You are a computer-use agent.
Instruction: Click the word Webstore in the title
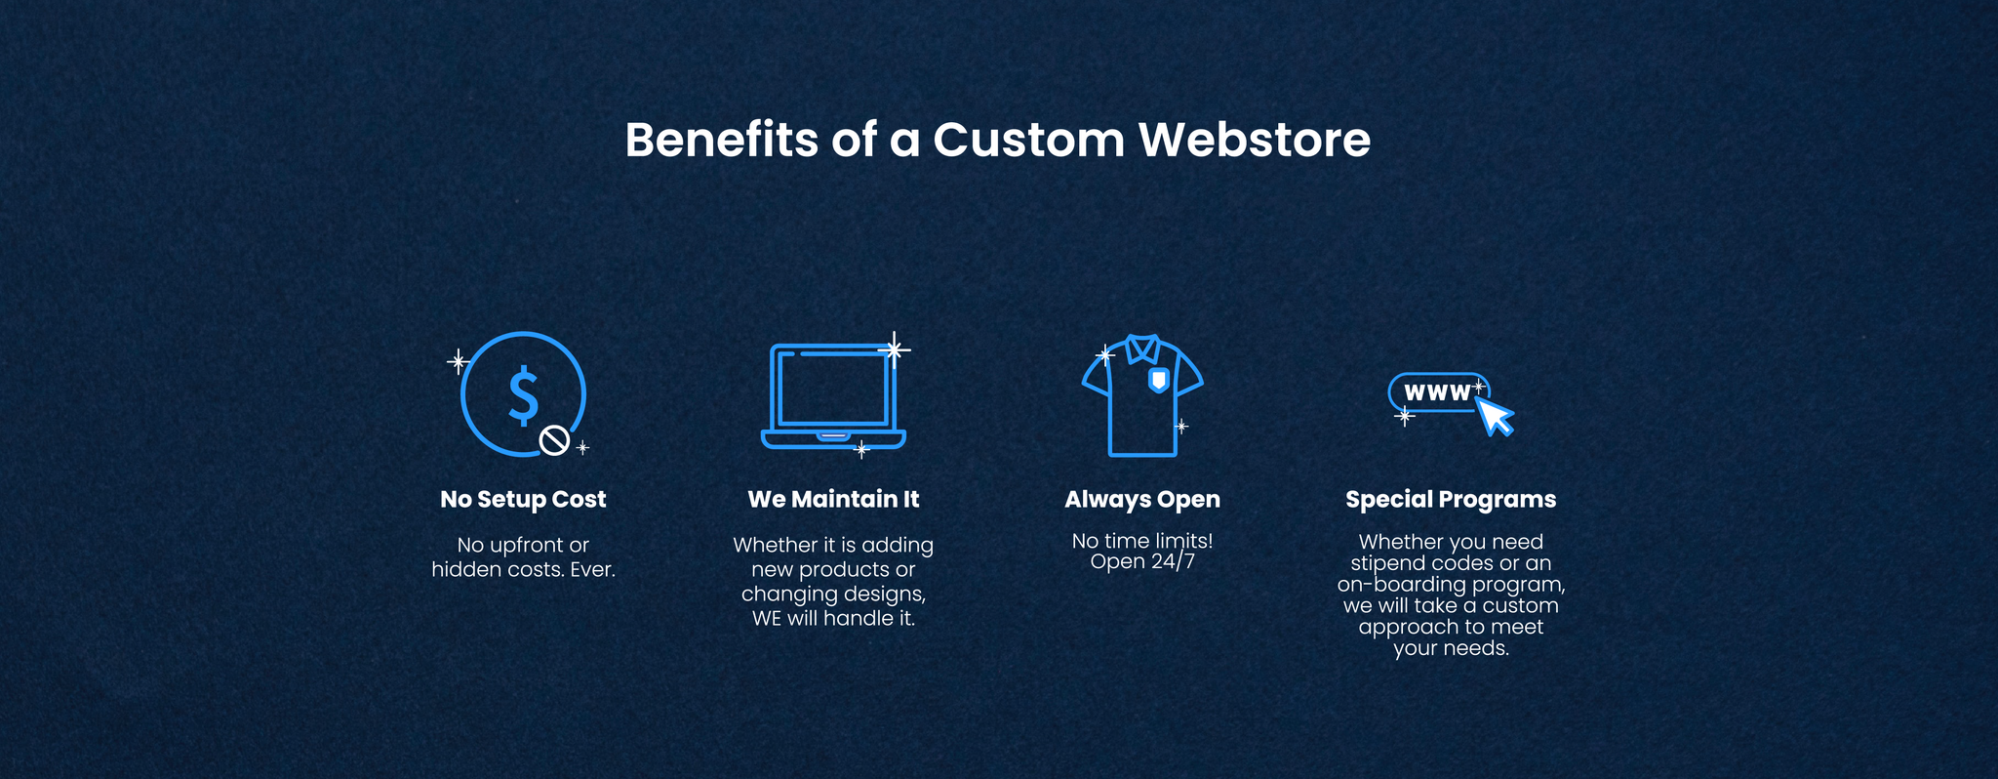1255,140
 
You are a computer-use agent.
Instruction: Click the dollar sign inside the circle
524,395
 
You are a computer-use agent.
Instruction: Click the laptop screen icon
833,395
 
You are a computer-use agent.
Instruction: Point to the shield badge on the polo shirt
1158,379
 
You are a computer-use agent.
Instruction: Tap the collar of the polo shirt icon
1142,348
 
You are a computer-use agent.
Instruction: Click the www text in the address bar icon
1437,392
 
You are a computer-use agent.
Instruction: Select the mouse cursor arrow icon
1494,416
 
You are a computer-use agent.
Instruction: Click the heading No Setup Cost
523,500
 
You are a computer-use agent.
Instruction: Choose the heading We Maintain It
833,500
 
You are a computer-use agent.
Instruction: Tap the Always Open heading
1142,500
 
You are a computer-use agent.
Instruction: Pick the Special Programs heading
1451,500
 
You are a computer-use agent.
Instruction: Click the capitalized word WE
767,619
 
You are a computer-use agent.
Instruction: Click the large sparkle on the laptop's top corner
893,348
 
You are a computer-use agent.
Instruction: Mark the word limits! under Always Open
1181,541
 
